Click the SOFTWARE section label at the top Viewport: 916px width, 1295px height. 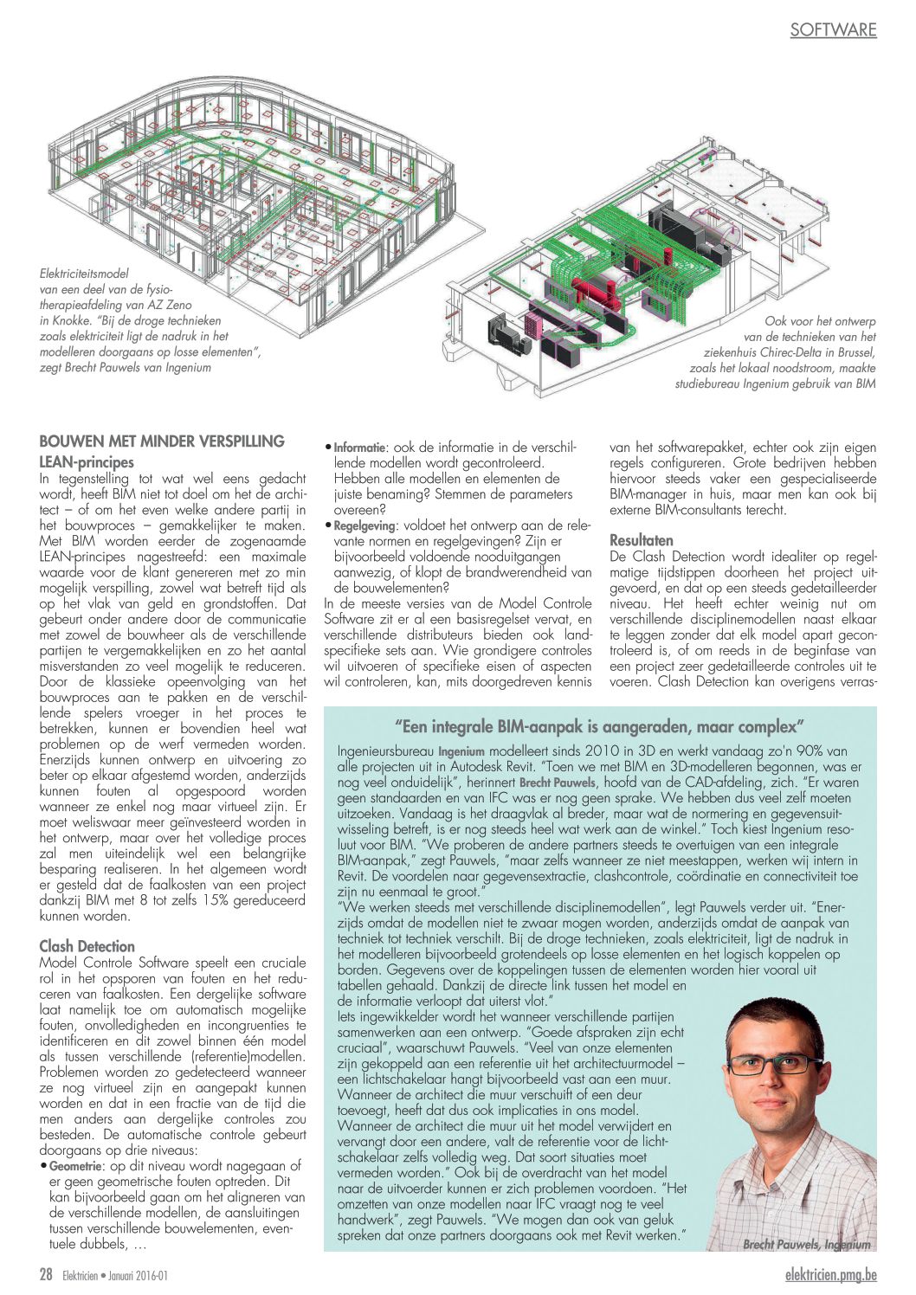[x=833, y=29]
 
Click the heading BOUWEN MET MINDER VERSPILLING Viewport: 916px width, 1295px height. [x=162, y=441]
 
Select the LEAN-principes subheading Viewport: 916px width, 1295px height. [x=87, y=461]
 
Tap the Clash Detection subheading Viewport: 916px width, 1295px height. [x=87, y=946]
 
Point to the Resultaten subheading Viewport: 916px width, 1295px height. [x=642, y=539]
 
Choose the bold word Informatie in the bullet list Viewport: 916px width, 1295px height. [x=359, y=448]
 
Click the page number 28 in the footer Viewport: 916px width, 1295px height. [x=47, y=1274]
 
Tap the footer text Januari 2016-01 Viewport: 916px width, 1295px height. [x=138, y=1275]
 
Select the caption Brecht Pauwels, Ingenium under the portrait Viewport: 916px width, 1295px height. [x=806, y=1244]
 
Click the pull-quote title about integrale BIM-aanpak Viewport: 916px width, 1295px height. [x=600, y=725]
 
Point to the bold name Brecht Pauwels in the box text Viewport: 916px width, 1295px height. [x=557, y=783]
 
